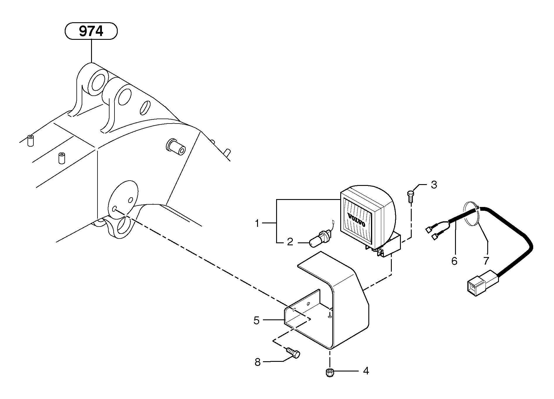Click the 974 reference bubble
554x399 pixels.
pyautogui.click(x=91, y=31)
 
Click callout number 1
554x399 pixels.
pyautogui.click(x=257, y=224)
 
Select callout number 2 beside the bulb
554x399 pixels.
pyautogui.click(x=290, y=242)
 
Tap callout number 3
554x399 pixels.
pyautogui.click(x=434, y=185)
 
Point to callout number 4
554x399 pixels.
pyautogui.click(x=366, y=371)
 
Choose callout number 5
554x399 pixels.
pyautogui.click(x=257, y=321)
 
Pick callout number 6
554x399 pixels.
pyautogui.click(x=454, y=261)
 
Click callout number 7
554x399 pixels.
pyautogui.click(x=486, y=260)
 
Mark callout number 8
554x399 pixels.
pyautogui.click(x=257, y=362)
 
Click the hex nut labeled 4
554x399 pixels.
pyautogui.click(x=330, y=373)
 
